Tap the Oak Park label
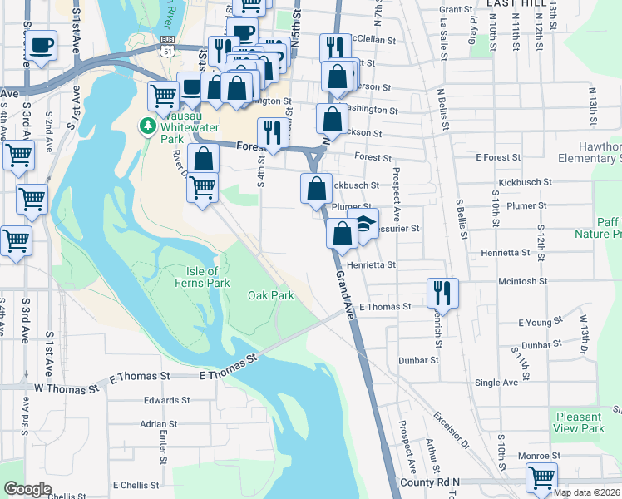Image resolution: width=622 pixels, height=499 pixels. [271, 295]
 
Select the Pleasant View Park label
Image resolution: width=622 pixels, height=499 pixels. [578, 422]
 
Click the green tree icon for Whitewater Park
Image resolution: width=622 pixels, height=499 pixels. [148, 126]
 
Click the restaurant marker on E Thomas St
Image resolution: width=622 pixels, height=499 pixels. [442, 294]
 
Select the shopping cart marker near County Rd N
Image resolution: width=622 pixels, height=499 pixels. [541, 479]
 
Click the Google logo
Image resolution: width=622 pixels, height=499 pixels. [27, 489]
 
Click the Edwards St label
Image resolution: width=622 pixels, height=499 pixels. [160, 400]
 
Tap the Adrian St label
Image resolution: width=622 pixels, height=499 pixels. [158, 423]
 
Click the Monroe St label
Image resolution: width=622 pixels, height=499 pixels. [538, 456]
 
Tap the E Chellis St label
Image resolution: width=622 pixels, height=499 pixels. [136, 485]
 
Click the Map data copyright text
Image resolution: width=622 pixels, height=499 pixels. [586, 492]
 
